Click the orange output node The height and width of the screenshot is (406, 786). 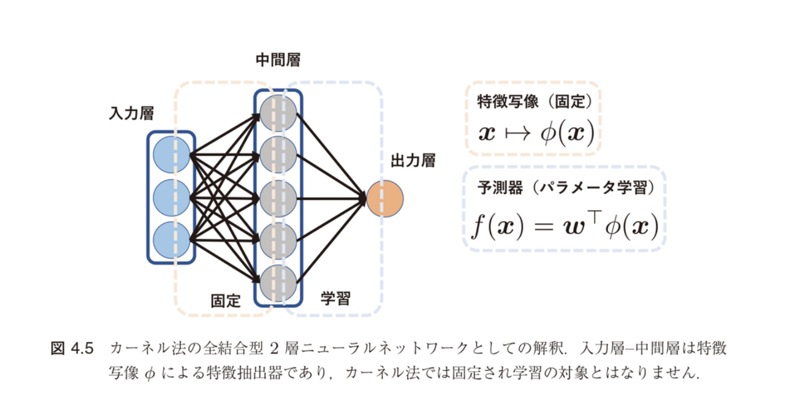[385, 198]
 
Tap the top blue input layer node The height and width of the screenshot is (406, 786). [171, 155]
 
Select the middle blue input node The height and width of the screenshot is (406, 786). [171, 198]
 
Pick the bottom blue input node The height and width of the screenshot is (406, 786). [171, 240]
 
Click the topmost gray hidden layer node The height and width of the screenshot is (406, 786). [278, 113]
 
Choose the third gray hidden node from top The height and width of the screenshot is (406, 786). [278, 198]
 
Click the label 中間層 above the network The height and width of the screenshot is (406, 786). [278, 60]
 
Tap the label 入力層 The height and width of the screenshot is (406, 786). [131, 113]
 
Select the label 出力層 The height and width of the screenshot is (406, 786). [413, 161]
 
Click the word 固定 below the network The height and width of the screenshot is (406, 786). [225, 300]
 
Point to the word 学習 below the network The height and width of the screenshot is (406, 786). [335, 298]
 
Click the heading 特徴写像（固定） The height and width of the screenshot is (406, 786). [534, 101]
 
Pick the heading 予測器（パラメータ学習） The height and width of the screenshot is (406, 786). [566, 187]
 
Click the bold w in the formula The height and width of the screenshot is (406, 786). [575, 226]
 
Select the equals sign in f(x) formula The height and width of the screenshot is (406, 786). [543, 226]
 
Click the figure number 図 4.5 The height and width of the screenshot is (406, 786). [72, 349]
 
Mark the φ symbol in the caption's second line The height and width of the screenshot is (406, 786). [150, 374]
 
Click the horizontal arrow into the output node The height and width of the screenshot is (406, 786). [331, 198]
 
